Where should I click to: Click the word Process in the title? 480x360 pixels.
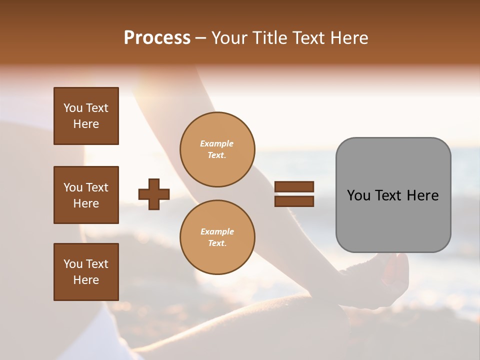tap(157, 38)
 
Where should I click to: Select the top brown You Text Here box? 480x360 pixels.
tap(86, 116)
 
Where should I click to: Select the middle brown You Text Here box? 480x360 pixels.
tap(86, 195)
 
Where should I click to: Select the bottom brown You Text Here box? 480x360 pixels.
tap(86, 271)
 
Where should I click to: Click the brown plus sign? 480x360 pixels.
tap(154, 194)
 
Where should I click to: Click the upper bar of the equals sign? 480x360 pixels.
tap(294, 186)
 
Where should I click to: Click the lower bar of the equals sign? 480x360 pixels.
tap(294, 201)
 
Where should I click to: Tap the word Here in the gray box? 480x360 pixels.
tap(422, 195)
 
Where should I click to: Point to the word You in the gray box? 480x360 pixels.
tap(359, 195)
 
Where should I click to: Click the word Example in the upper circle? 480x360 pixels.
tap(217, 144)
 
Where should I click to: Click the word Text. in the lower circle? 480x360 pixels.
tap(217, 243)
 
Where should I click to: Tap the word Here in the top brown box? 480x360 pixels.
tap(86, 124)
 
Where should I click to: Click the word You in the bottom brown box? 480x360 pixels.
tap(73, 264)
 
